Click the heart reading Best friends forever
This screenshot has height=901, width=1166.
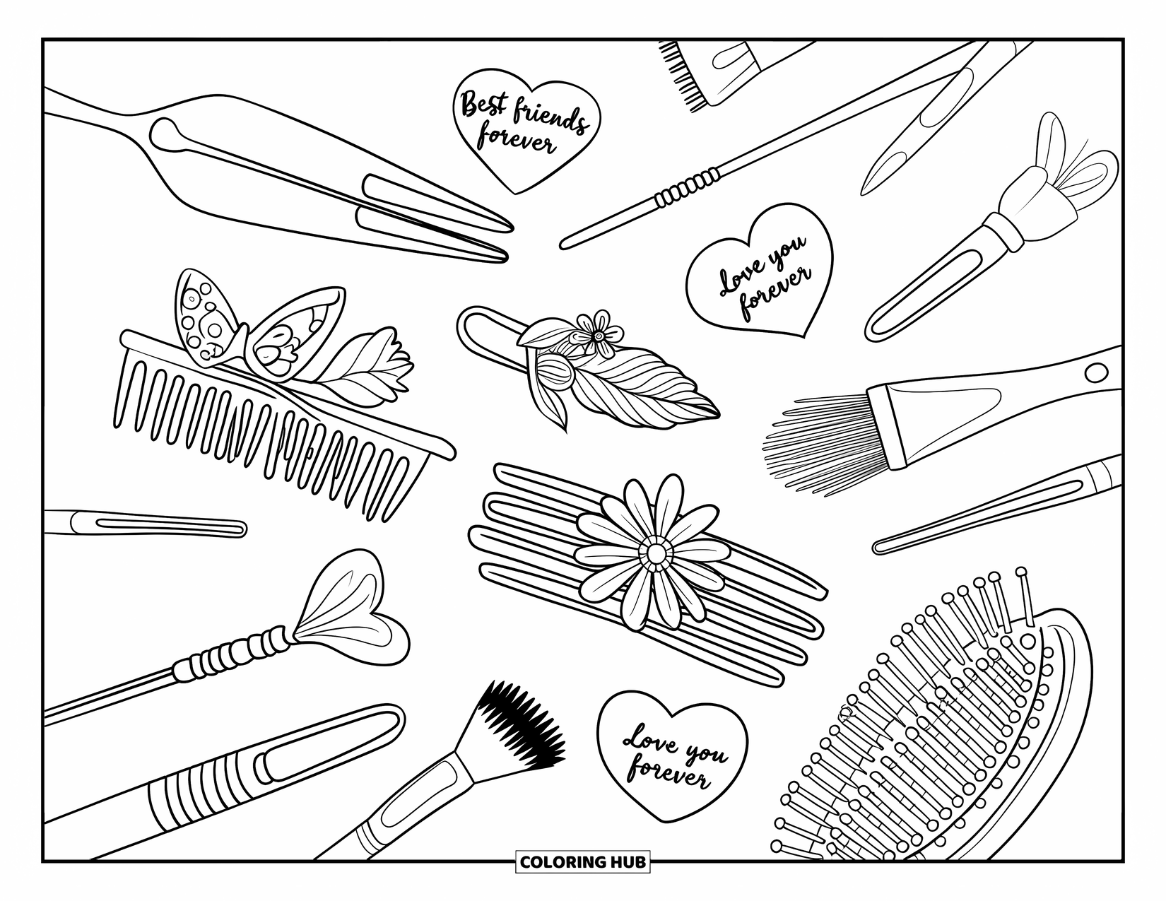527,129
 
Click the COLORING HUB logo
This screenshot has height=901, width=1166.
582,862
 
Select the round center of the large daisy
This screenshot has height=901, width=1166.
656,553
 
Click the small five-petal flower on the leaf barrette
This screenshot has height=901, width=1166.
599,334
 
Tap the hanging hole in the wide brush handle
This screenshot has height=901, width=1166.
1095,372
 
